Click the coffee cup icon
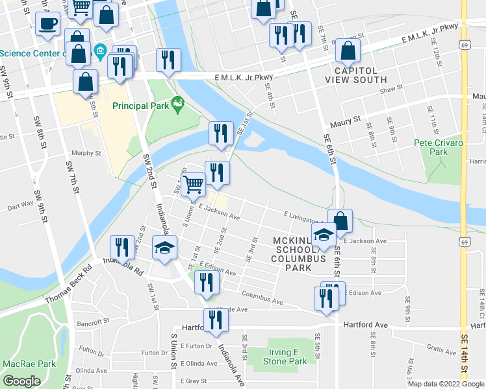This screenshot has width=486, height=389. coord(47,25)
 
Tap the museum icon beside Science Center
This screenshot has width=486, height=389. coord(100,51)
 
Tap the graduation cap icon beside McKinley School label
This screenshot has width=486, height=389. coord(323,236)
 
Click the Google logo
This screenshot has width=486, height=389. coord(22,381)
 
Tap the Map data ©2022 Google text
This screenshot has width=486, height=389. coord(445,384)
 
